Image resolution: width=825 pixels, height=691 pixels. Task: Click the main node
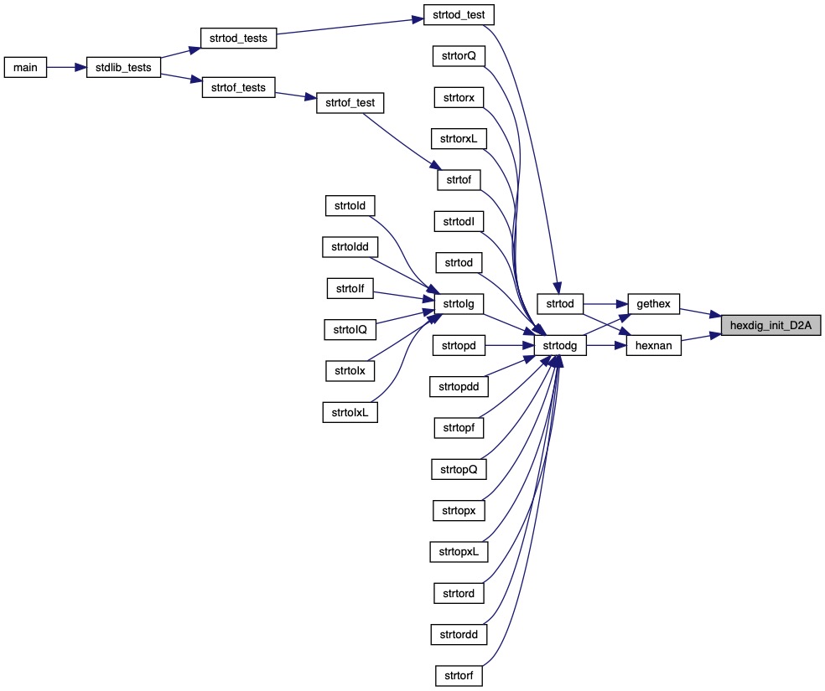click(x=25, y=67)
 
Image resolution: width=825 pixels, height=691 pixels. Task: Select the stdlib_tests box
click(x=124, y=67)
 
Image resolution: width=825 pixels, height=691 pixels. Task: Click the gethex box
click(x=654, y=303)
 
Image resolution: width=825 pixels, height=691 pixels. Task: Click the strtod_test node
click(x=459, y=14)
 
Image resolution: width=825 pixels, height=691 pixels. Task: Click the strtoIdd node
click(x=350, y=246)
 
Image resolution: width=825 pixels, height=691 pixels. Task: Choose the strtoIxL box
click(x=350, y=411)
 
